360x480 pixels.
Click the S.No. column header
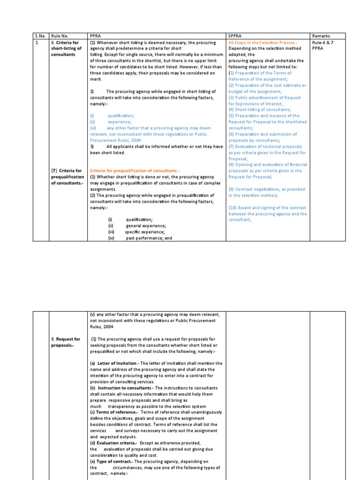[x=40, y=36]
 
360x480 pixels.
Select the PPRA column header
[x=95, y=36]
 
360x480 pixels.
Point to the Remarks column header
[x=322, y=36]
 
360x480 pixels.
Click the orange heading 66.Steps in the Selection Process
[x=262, y=42]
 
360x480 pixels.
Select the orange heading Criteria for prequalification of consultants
[x=135, y=171]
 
